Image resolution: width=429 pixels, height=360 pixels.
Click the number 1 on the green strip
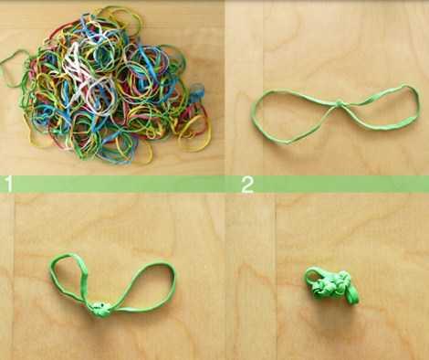point(9,185)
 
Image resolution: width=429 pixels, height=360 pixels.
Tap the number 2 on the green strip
point(247,185)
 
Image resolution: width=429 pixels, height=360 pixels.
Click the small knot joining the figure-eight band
point(340,102)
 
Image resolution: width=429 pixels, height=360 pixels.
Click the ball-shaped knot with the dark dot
point(99,309)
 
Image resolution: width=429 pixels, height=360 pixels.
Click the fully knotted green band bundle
point(331,286)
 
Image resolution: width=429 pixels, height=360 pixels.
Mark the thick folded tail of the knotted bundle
point(353,295)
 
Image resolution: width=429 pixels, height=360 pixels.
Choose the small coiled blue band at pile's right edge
point(197,91)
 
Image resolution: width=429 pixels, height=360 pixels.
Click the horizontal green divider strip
point(214,185)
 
